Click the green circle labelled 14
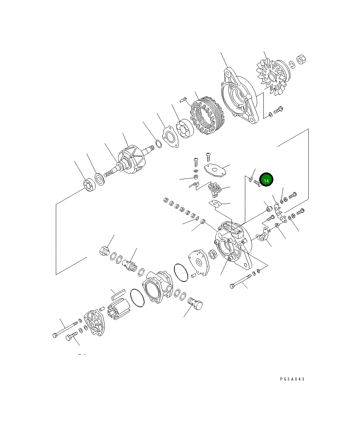266,179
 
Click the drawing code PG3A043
292,379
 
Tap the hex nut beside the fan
301,59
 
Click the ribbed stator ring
207,115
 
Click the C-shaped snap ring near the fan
292,65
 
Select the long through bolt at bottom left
65,329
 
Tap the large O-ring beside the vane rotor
137,298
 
